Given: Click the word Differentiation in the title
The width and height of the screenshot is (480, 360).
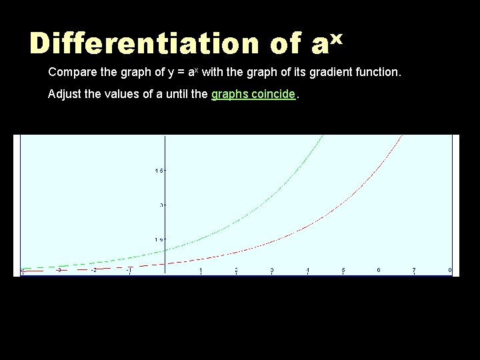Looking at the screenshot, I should point(144,44).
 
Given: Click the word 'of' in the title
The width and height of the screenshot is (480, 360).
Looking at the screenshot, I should point(285,44).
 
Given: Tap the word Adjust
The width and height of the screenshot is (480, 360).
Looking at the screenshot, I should point(64,94).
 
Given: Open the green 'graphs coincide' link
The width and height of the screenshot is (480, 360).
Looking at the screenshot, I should point(253,94).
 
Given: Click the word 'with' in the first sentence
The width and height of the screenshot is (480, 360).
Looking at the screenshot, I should point(213,71).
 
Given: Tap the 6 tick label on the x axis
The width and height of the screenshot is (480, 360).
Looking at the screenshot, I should point(379,269).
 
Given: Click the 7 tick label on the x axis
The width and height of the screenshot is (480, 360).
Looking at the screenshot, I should point(414,270).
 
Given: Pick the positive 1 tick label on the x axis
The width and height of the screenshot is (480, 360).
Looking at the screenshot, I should point(201,270).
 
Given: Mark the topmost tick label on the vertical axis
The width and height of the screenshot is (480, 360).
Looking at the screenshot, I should point(159,171).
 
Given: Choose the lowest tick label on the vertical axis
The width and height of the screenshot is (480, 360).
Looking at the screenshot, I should point(159,239).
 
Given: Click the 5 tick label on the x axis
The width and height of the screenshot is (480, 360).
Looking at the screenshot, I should point(343,270).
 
